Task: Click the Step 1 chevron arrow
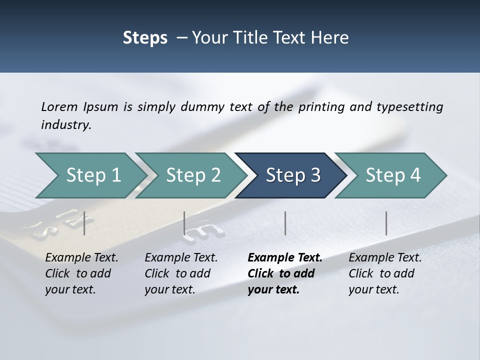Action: point(90,175)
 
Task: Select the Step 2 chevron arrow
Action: point(192,175)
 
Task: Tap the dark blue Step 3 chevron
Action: point(292,175)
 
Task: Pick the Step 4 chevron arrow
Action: point(392,175)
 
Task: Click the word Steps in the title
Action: point(145,38)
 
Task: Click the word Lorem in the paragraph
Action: point(59,106)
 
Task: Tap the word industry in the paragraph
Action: point(66,124)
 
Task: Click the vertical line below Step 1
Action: point(84,223)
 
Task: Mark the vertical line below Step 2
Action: point(184,223)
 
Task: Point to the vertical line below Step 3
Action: point(285,223)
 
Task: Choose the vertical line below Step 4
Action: point(386,223)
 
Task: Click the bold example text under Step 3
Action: point(284,273)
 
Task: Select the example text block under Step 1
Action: point(81,273)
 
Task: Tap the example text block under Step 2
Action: point(181,273)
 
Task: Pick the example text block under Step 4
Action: point(385,273)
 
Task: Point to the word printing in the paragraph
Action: point(320,106)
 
